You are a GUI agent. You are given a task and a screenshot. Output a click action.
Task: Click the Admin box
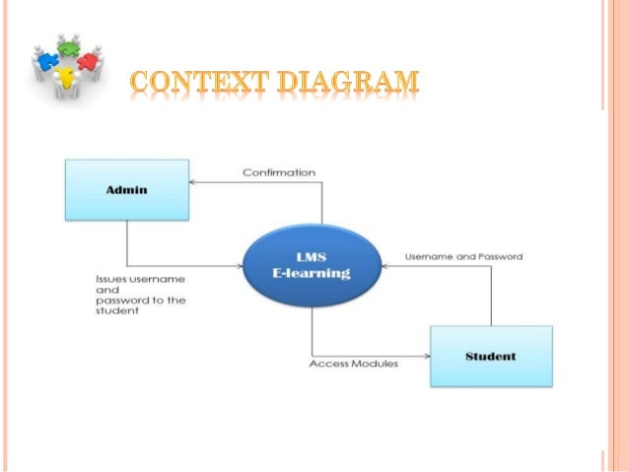[126, 190]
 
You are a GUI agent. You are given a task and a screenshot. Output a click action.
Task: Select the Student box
[491, 356]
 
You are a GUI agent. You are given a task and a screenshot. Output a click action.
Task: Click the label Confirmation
[279, 172]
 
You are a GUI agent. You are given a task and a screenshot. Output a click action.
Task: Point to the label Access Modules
[354, 364]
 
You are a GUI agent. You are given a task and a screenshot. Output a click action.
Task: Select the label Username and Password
[464, 256]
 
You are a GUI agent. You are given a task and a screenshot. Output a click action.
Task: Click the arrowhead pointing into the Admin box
[193, 182]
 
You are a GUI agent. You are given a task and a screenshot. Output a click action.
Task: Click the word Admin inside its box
[126, 190]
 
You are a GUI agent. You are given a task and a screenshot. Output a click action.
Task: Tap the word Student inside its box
[491, 356]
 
